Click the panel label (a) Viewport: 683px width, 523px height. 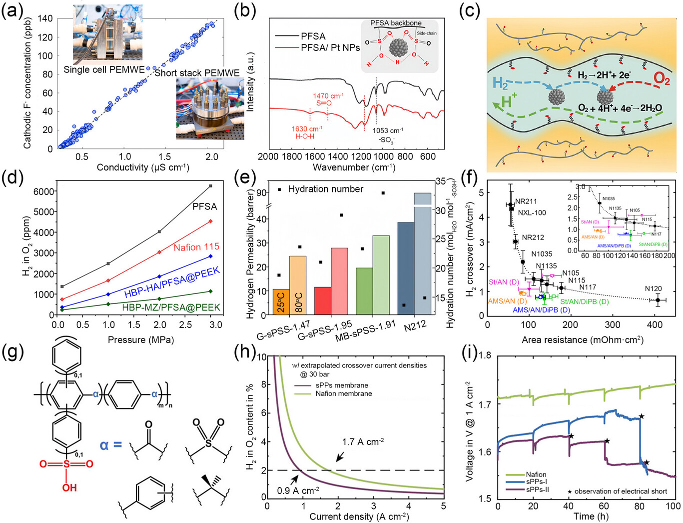click(x=12, y=11)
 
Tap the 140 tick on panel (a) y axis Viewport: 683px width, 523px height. click(x=45, y=18)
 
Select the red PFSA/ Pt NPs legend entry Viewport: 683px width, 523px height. click(x=330, y=47)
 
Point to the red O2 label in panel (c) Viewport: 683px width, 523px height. click(x=662, y=78)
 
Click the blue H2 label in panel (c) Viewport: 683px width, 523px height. click(x=500, y=83)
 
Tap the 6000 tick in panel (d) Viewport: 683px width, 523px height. click(x=43, y=191)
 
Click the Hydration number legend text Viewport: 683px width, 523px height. click(x=325, y=189)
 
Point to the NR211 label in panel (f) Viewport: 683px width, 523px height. click(x=526, y=201)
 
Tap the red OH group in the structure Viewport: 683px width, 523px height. click(x=69, y=486)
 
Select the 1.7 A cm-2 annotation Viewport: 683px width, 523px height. click(x=363, y=442)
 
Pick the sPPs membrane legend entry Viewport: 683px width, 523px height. click(x=342, y=385)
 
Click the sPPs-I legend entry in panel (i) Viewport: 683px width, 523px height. click(x=536, y=481)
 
